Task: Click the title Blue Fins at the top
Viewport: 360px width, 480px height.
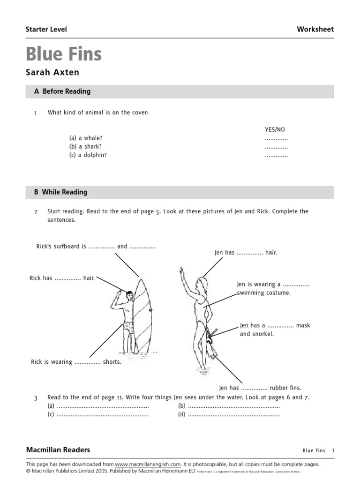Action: coord(64,54)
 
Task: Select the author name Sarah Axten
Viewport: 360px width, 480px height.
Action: coord(52,73)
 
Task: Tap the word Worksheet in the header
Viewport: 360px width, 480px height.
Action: coord(315,29)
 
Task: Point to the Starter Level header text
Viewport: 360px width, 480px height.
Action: coord(46,30)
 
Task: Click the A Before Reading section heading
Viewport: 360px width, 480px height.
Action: coord(62,91)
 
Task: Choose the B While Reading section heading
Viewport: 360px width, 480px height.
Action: coord(60,192)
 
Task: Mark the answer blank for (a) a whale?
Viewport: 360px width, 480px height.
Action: coord(276,138)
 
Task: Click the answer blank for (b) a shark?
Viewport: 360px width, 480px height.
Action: coord(276,147)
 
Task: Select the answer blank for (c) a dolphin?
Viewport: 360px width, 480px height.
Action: coord(276,155)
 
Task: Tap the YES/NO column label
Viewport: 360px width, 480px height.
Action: coord(275,129)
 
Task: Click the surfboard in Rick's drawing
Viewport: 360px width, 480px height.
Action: coord(143,316)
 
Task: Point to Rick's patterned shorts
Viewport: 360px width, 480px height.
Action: coord(128,330)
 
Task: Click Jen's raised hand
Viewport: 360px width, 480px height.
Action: coord(181,272)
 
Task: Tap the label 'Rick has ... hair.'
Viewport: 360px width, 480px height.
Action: coord(62,278)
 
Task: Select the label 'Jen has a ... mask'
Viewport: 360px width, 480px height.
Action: coord(275,325)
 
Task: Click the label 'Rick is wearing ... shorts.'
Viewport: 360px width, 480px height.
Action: coord(76,362)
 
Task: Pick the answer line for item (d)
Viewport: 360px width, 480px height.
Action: coord(233,414)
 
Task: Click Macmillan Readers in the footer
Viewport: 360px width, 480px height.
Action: coord(58,450)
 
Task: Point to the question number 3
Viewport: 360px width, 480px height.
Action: coord(35,398)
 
